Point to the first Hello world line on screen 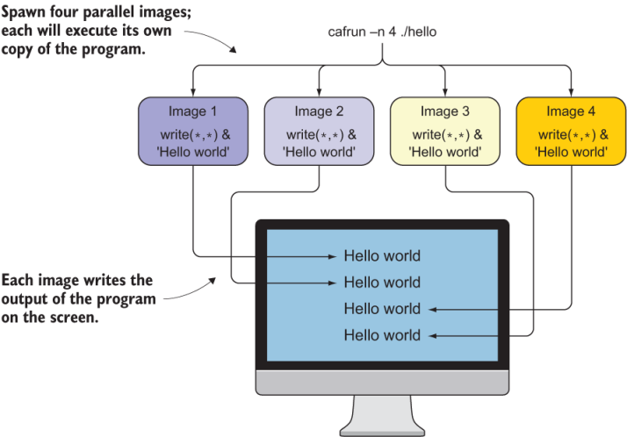click(382, 256)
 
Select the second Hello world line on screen click(382, 283)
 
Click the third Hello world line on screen click(382, 309)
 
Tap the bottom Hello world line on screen click(382, 335)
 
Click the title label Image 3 click(445, 111)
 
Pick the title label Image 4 click(571, 111)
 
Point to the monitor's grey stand click(382, 409)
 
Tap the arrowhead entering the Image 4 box click(572, 93)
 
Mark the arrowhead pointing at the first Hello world click(332, 257)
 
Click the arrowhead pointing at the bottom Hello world click(432, 335)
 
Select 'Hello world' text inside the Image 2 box click(319, 150)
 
